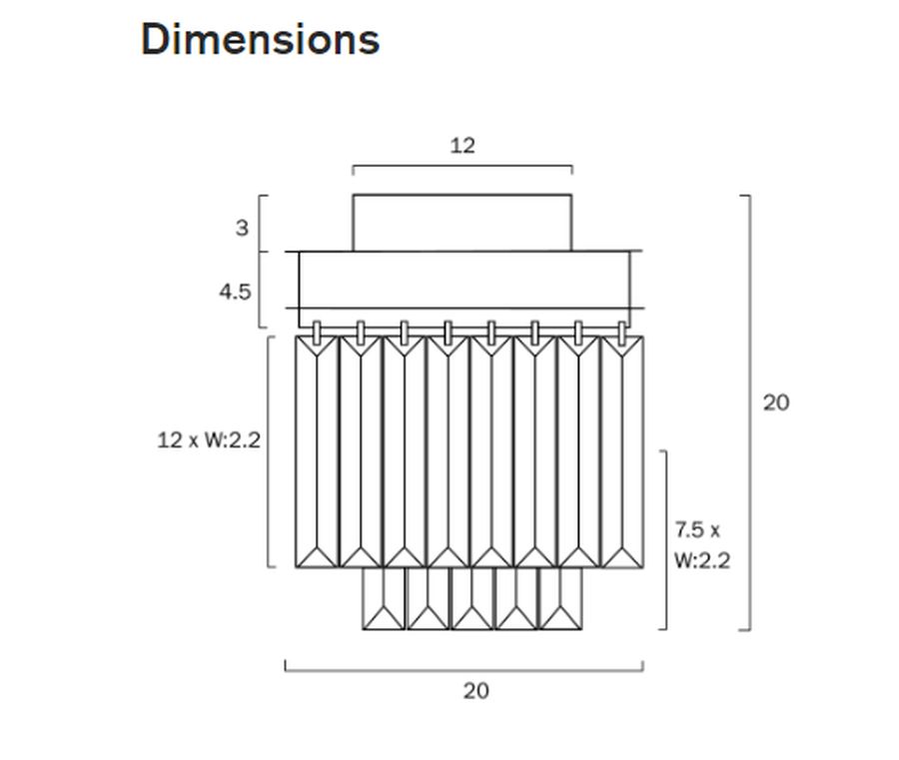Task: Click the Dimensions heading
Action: click(260, 40)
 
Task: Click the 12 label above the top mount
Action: click(461, 146)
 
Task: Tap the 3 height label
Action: click(242, 228)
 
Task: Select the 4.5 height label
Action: click(236, 292)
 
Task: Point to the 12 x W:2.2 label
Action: click(209, 439)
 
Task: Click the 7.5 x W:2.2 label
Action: click(701, 545)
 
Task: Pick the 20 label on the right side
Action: click(775, 402)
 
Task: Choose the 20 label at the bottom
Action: click(475, 690)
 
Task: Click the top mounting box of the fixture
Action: click(461, 223)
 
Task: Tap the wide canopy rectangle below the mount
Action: click(464, 280)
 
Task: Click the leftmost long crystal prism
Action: click(317, 451)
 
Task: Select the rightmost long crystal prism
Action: click(621, 451)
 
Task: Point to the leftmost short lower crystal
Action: click(384, 599)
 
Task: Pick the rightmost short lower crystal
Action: click(560, 599)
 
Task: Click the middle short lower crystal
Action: click(471, 599)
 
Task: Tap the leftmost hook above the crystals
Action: click(317, 332)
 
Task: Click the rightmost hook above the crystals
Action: click(621, 332)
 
